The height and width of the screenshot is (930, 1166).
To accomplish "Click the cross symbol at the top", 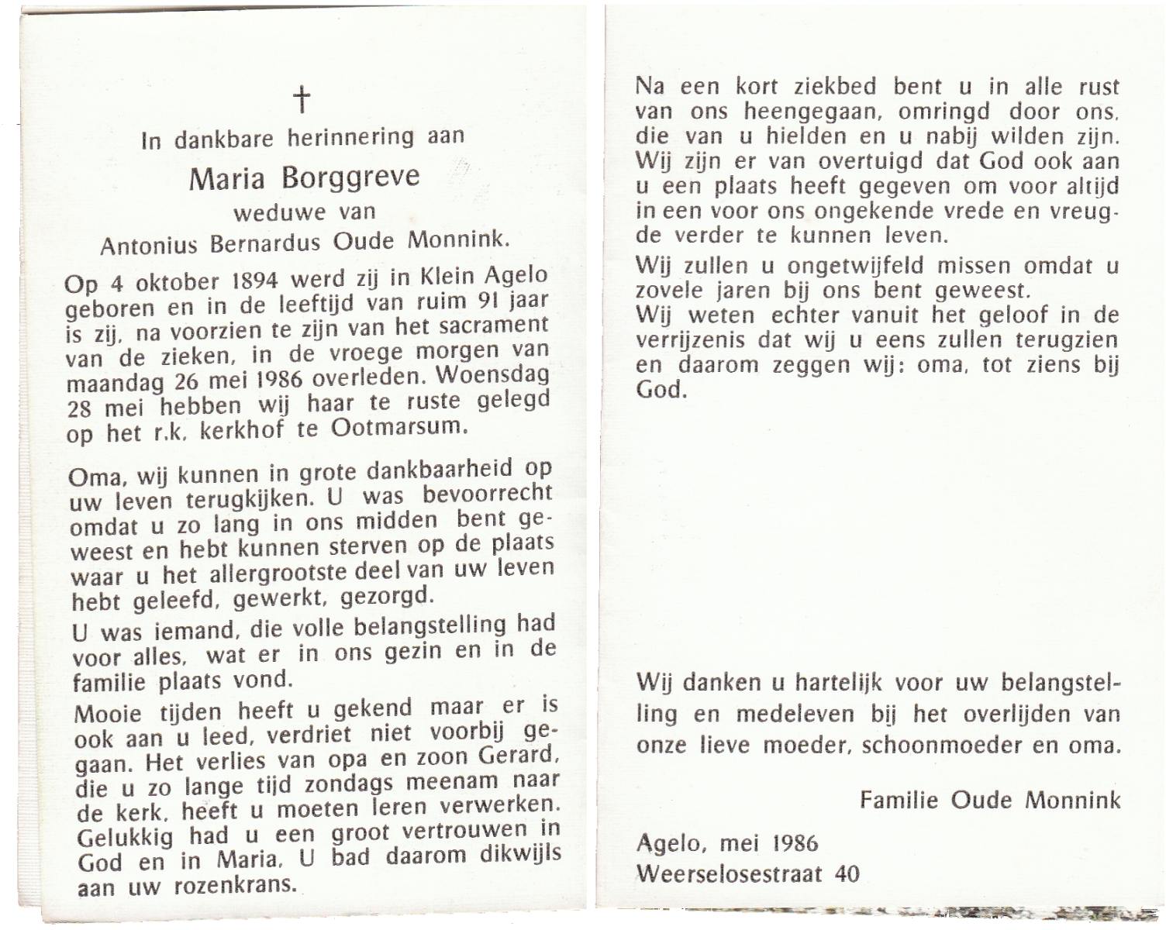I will [301, 101].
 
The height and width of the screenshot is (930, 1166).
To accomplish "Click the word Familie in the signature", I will [899, 800].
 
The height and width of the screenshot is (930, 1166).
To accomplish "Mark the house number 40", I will [847, 874].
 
